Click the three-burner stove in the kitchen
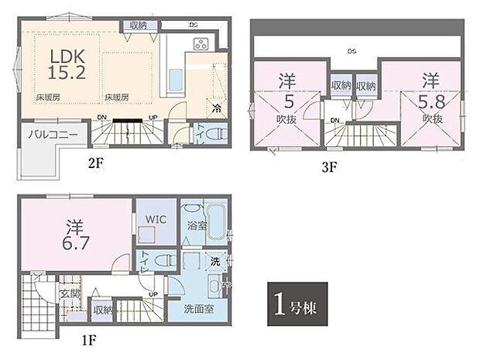tap(201, 43)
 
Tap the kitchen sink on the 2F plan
tap(175, 80)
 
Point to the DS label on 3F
tap(351, 52)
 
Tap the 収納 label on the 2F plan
tap(139, 26)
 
